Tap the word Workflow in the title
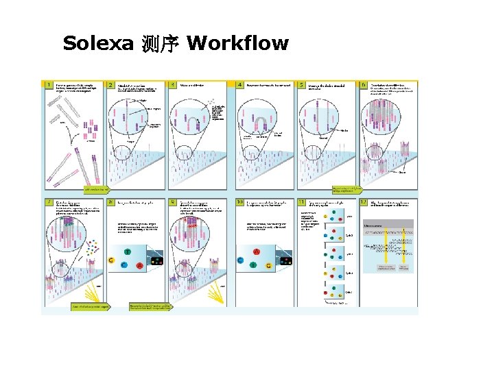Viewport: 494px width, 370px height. click(x=237, y=44)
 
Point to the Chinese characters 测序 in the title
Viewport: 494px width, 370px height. click(x=161, y=45)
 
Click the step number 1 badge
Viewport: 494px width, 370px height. click(x=48, y=85)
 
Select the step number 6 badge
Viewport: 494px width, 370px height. click(x=364, y=85)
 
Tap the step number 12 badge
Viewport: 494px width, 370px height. click(x=364, y=203)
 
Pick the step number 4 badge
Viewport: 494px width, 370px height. click(x=239, y=85)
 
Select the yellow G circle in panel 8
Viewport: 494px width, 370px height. click(x=110, y=260)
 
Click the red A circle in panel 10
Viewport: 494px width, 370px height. click(x=256, y=251)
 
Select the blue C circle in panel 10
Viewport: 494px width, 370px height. click(x=239, y=260)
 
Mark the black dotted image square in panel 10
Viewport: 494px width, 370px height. click(x=285, y=260)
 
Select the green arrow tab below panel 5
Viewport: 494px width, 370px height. click(x=346, y=188)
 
